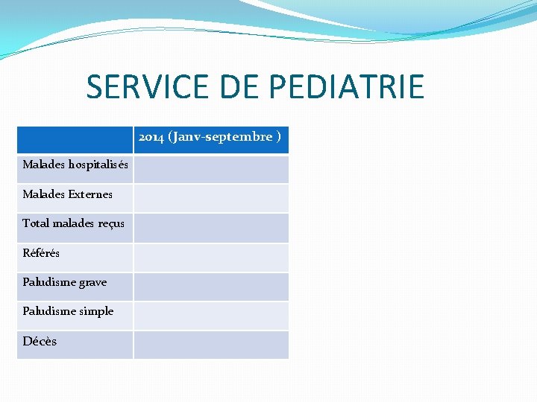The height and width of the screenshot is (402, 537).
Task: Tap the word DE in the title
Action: click(242, 87)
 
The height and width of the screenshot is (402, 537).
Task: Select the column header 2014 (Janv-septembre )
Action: click(210, 137)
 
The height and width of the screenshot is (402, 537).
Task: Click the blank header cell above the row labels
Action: click(75, 139)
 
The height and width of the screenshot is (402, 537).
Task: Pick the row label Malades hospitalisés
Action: click(75, 165)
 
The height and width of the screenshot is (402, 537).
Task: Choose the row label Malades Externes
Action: click(68, 194)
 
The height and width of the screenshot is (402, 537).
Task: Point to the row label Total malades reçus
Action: click(74, 223)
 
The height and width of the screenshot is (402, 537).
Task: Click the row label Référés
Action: click(41, 253)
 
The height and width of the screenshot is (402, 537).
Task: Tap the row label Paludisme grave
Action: click(65, 282)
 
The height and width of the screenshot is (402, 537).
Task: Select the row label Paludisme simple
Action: click(68, 311)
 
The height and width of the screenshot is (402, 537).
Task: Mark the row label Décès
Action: click(40, 342)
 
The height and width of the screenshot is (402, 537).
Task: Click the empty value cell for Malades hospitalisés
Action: click(210, 169)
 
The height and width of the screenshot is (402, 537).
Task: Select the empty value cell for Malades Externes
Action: click(210, 198)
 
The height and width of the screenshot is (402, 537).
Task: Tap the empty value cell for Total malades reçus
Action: click(210, 228)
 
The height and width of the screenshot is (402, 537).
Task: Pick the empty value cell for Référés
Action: click(210, 257)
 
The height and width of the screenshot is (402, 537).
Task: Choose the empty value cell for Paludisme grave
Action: click(210, 287)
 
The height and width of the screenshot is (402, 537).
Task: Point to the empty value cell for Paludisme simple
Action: click(210, 316)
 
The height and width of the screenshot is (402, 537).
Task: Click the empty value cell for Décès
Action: click(210, 345)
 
